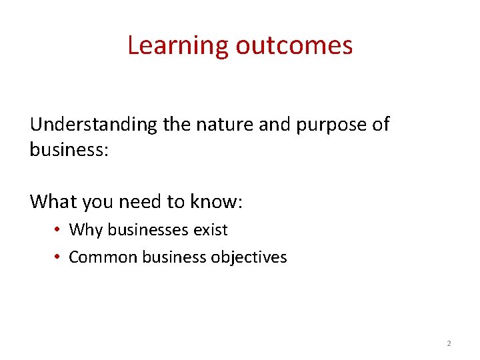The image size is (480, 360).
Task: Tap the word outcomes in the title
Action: (x=294, y=45)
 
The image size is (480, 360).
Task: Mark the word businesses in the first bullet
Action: (x=148, y=230)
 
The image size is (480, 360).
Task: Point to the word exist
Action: (x=211, y=230)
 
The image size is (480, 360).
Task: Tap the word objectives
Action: (x=249, y=257)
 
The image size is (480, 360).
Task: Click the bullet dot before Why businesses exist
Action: (x=59, y=230)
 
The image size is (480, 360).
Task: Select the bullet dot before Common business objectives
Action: (x=59, y=257)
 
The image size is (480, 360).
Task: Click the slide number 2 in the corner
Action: (x=448, y=344)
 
